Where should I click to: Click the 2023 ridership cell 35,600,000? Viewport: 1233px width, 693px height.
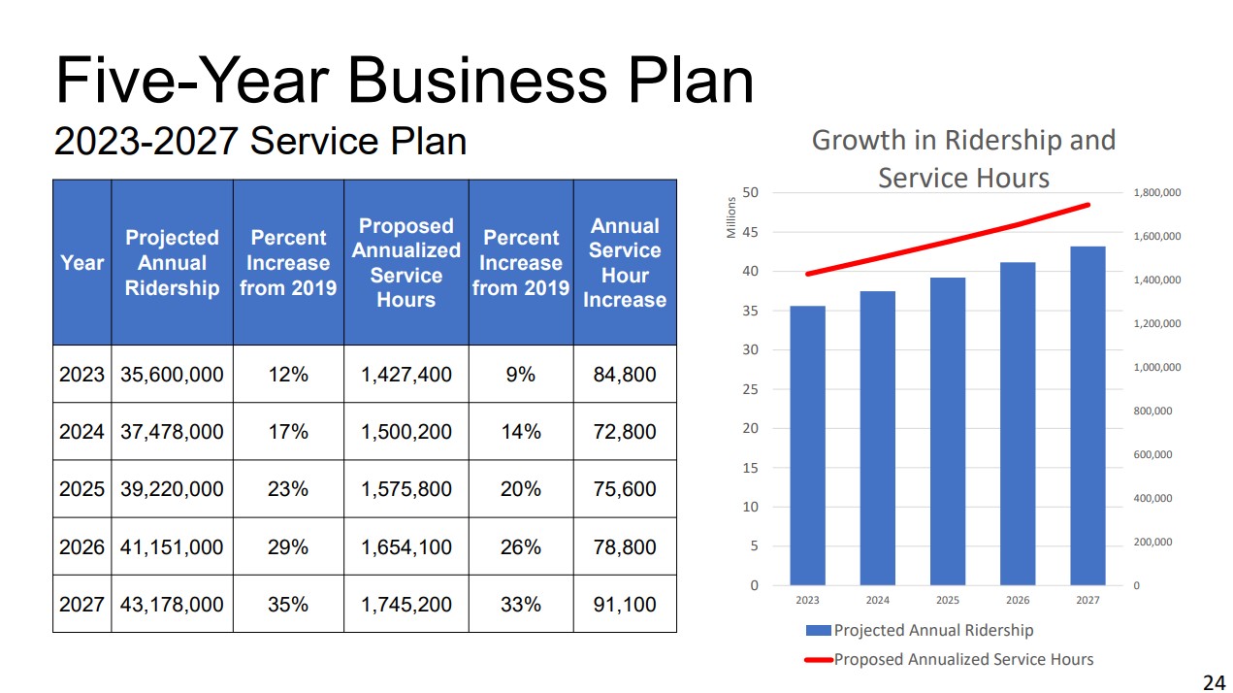(x=172, y=375)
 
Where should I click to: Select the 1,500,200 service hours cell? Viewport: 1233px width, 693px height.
(x=406, y=432)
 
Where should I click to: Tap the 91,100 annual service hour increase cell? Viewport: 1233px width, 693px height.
(x=625, y=605)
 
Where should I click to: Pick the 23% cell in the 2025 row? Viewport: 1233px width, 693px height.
(x=288, y=489)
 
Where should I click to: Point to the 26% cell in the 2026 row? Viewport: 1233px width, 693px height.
(x=521, y=547)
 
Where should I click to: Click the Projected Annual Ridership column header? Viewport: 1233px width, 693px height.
(x=172, y=263)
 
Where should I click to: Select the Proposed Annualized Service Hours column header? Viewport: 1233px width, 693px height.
(x=406, y=263)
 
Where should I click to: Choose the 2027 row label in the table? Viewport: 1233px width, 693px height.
(x=81, y=605)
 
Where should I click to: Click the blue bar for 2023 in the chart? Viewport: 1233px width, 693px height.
(x=807, y=446)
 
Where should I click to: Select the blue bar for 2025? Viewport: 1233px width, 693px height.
(x=948, y=431)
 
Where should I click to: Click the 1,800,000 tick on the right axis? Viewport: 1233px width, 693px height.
(x=1156, y=193)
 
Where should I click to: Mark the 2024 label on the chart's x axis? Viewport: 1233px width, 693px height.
(x=877, y=601)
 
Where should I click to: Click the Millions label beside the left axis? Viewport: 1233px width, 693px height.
(x=731, y=218)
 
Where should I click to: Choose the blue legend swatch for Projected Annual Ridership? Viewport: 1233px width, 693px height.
(x=818, y=631)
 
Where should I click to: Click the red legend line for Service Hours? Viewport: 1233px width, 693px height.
(x=818, y=660)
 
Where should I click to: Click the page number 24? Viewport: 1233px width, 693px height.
(x=1214, y=683)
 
